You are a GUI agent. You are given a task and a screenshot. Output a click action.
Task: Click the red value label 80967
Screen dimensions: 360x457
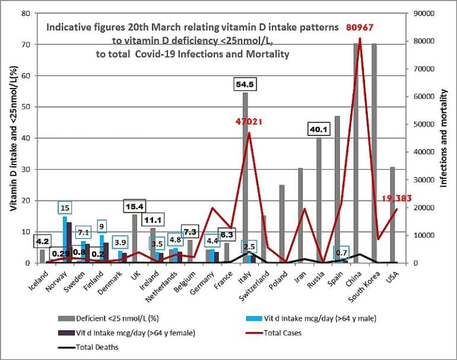pyautogui.click(x=357, y=27)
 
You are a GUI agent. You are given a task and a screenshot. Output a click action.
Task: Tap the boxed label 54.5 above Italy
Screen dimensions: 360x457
pyautogui.click(x=246, y=84)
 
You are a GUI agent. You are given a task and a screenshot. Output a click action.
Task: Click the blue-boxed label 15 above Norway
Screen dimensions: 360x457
pyautogui.click(x=66, y=207)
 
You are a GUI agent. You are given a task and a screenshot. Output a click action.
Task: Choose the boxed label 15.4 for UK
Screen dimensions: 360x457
pyautogui.click(x=135, y=206)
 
